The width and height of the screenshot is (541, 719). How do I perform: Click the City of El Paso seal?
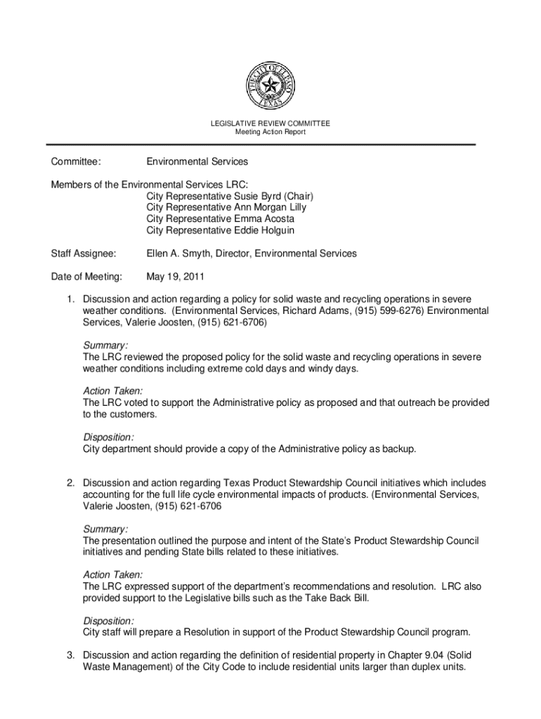(x=270, y=87)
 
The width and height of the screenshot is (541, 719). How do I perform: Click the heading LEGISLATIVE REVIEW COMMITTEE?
(x=270, y=124)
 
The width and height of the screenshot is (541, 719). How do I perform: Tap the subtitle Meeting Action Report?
(x=270, y=132)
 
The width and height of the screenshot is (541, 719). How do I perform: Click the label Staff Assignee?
(x=84, y=253)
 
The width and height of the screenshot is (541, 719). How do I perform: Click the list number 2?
(x=71, y=483)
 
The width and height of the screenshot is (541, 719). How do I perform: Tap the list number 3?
(x=71, y=655)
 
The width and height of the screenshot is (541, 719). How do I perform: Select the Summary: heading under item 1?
(x=105, y=345)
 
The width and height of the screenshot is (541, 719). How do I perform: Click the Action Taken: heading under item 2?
(x=112, y=574)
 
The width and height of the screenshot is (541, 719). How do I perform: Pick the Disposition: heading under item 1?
(x=108, y=437)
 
